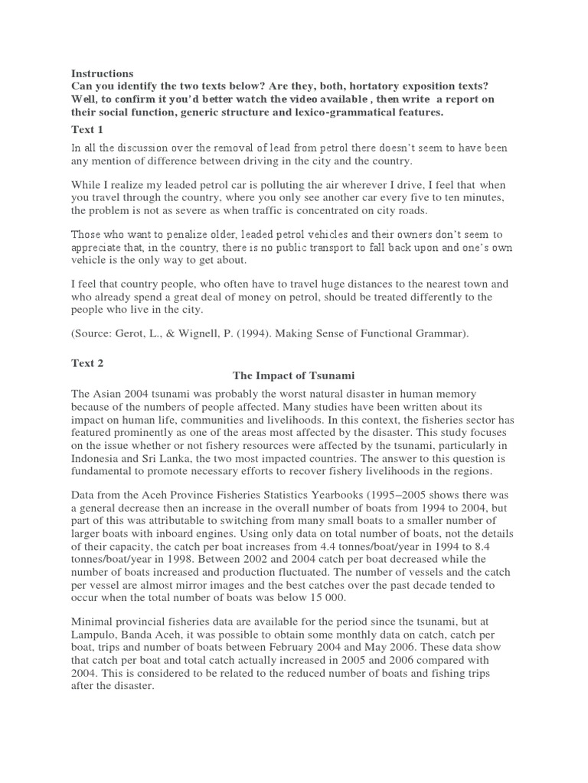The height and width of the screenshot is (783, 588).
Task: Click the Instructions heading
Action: pos(102,73)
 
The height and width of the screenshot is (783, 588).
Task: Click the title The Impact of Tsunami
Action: pos(293,376)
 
